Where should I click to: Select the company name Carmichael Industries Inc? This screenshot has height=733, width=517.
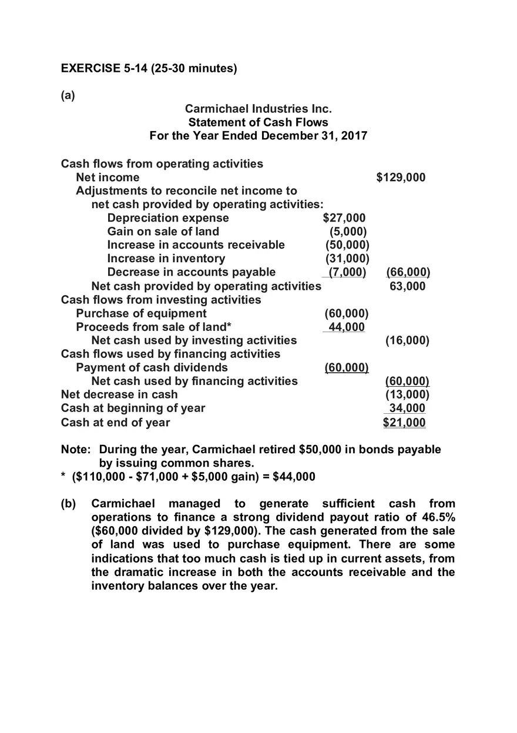(x=258, y=109)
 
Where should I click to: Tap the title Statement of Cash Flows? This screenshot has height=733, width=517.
(x=258, y=122)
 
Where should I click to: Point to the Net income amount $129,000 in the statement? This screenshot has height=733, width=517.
(x=401, y=178)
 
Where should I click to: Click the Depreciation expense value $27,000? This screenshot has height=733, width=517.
(x=344, y=218)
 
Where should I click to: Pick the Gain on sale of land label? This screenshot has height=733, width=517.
(x=163, y=232)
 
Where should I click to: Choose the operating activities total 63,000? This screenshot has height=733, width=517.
(x=407, y=286)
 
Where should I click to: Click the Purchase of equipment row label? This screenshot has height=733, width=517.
(x=141, y=313)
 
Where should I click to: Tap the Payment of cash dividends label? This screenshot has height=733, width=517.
(x=152, y=367)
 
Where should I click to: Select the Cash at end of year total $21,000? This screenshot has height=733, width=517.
(x=404, y=422)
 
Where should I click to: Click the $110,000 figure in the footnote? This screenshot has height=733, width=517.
(x=101, y=477)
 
